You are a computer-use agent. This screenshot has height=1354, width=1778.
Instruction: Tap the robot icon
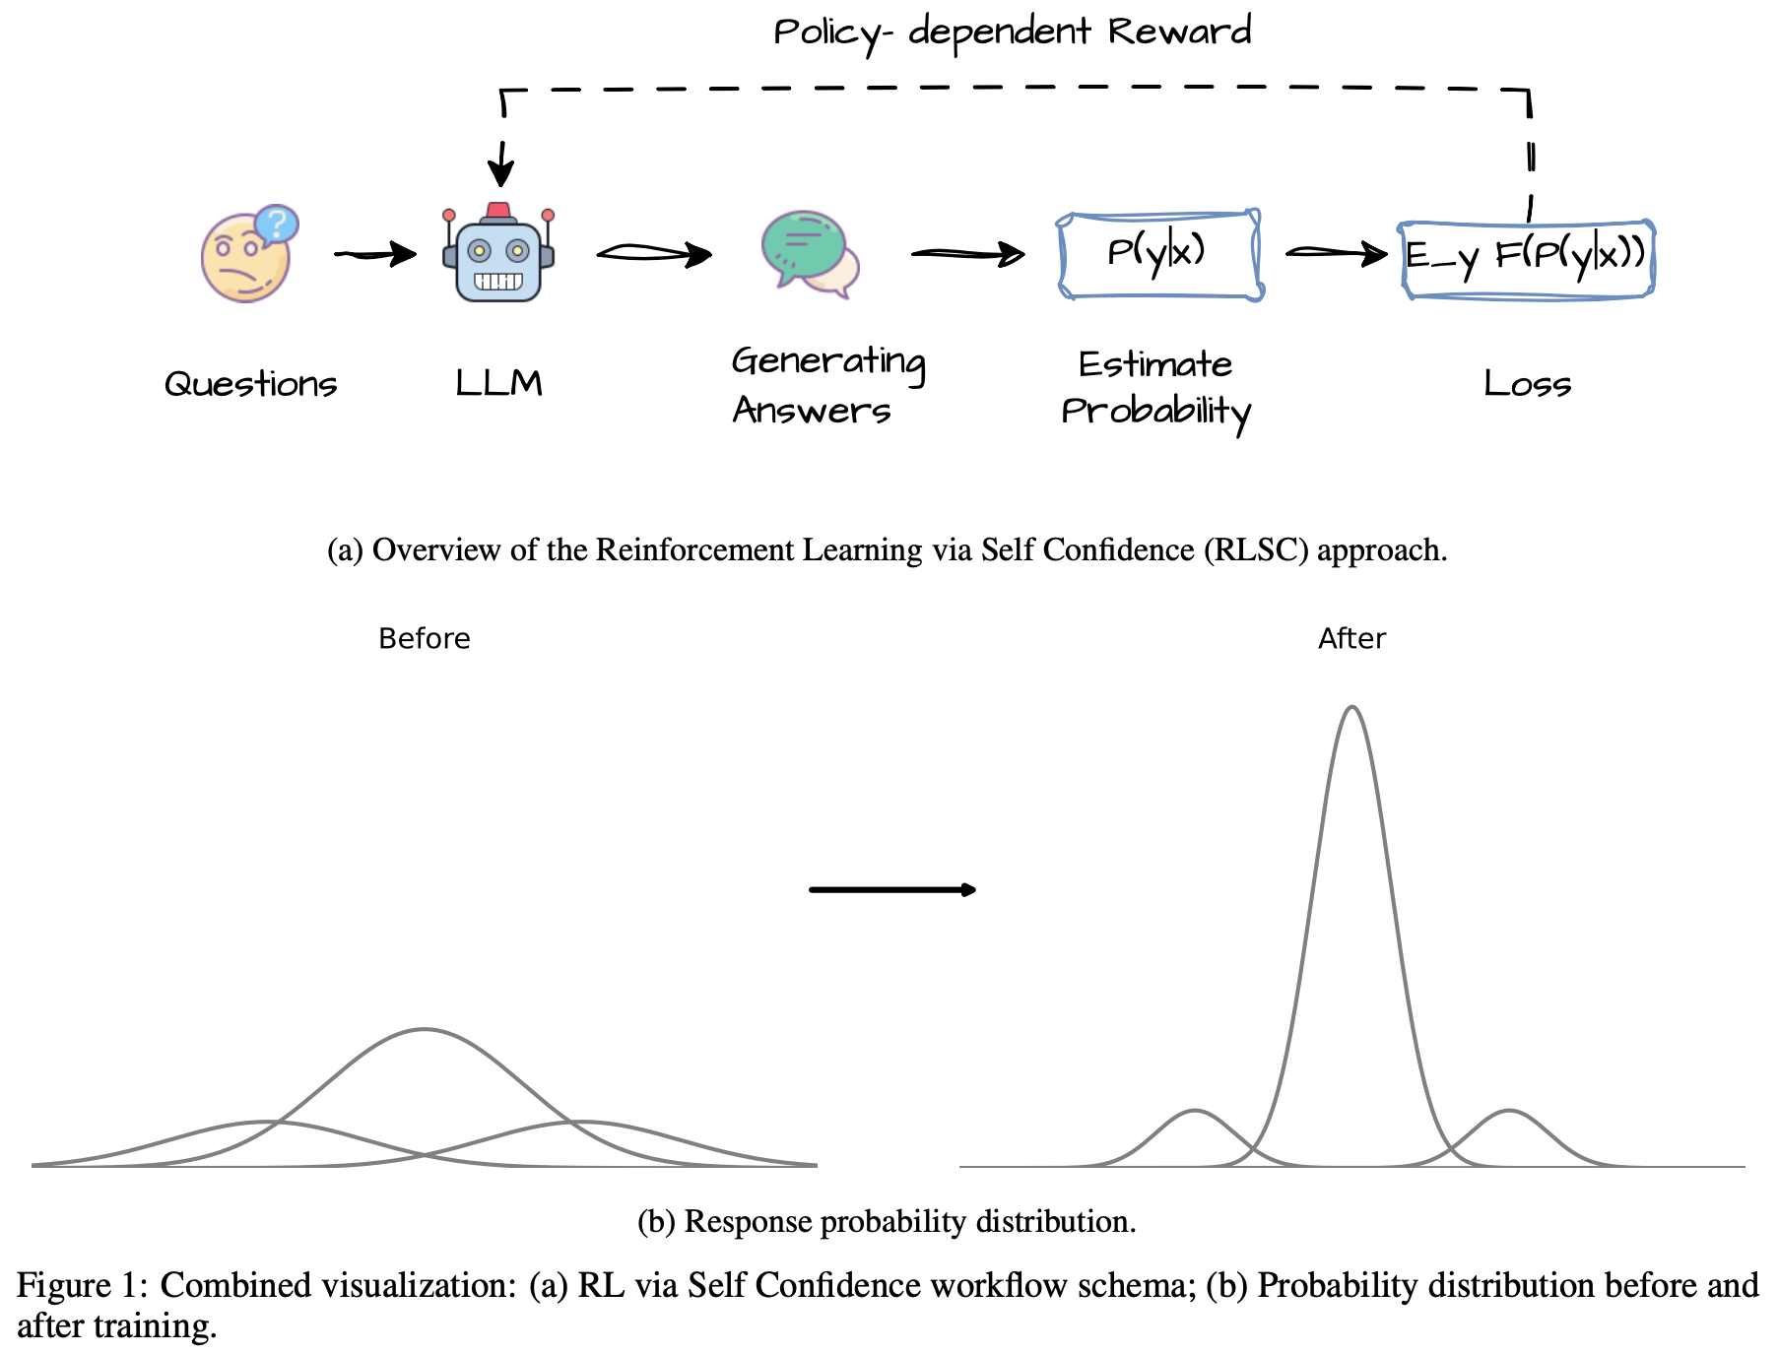498,254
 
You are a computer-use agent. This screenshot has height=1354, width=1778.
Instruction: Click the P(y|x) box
1159,254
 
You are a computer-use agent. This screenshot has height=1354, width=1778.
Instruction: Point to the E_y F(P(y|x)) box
1527,259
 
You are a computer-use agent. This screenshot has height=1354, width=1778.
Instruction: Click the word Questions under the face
250,384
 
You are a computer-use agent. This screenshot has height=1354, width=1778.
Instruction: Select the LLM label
498,383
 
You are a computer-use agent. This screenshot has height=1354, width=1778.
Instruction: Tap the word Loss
1527,384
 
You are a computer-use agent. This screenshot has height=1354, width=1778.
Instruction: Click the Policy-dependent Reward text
1012,32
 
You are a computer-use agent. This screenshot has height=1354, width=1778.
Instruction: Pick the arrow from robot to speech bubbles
654,254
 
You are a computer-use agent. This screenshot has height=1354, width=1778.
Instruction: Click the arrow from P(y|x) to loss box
1336,253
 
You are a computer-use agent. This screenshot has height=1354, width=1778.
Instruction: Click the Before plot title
425,639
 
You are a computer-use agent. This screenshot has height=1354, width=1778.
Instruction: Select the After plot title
1351,639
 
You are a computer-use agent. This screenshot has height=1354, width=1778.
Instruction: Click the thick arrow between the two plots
891,890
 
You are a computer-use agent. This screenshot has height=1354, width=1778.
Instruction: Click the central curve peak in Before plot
425,1030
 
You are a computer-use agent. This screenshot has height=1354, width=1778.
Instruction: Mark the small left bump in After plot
1195,1112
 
